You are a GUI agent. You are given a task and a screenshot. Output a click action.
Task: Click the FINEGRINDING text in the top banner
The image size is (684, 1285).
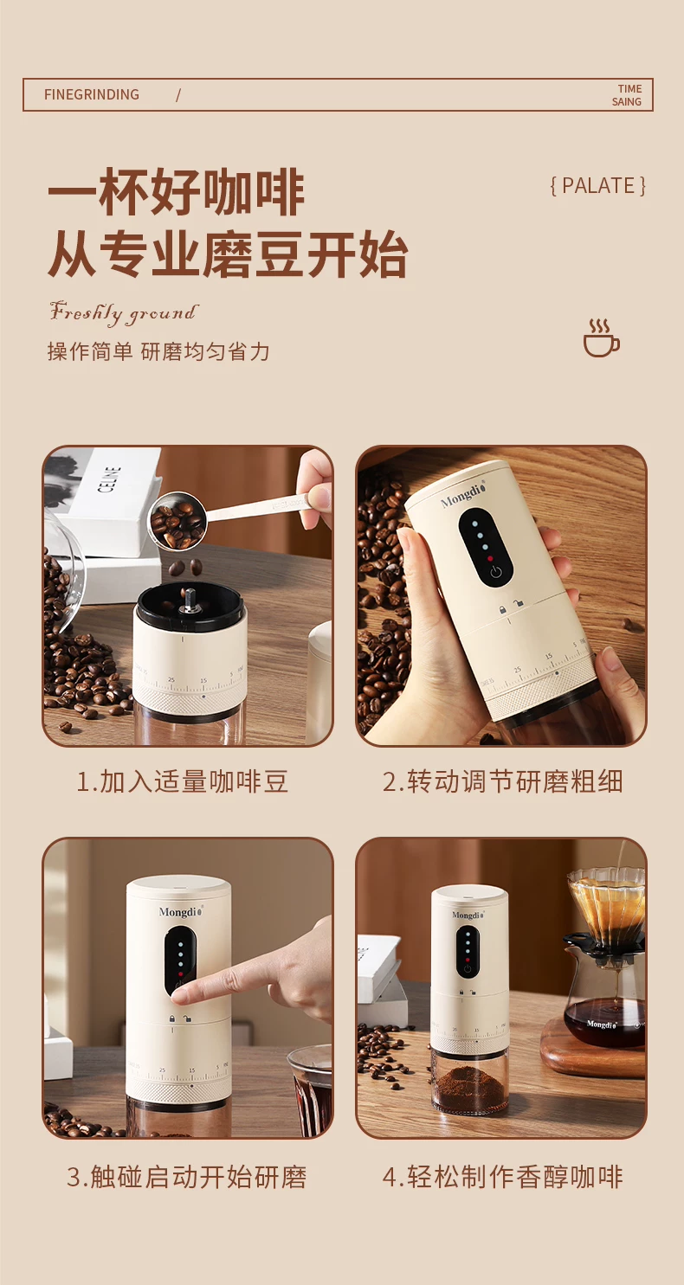click(x=92, y=94)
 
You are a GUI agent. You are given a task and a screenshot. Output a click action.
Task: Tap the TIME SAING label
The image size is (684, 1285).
click(x=627, y=95)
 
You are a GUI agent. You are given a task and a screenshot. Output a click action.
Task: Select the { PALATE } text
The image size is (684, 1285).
click(x=598, y=186)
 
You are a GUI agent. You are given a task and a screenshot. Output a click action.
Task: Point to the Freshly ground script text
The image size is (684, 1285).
click(x=124, y=312)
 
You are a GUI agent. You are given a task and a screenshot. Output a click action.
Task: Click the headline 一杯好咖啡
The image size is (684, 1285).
click(x=176, y=192)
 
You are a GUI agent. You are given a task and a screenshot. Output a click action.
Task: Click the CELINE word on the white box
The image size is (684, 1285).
click(x=111, y=479)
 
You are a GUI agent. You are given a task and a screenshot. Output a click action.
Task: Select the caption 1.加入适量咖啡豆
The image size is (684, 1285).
click(x=183, y=782)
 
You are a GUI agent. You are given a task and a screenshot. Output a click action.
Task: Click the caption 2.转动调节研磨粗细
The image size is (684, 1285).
click(x=503, y=782)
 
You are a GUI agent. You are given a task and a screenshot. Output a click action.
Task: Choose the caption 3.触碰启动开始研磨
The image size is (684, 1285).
click(x=186, y=1177)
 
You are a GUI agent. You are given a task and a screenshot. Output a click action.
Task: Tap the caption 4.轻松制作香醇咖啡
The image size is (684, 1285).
click(x=503, y=1177)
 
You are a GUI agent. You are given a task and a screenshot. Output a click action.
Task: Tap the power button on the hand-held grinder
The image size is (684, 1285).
click(x=496, y=571)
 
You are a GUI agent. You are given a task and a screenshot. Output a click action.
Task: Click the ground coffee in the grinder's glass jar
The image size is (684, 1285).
click(x=468, y=1086)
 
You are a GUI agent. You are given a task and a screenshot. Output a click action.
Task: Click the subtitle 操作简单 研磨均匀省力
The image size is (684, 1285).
click(x=158, y=351)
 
